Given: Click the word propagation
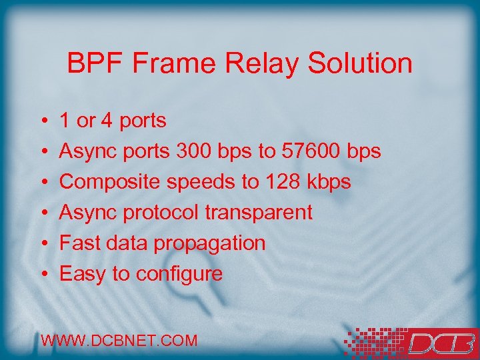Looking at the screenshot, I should click(210, 243).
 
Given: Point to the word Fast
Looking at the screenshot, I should click(76, 243).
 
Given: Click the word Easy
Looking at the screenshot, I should click(79, 274).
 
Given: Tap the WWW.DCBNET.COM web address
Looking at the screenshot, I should click(119, 341).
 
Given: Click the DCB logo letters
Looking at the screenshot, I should click(440, 343).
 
